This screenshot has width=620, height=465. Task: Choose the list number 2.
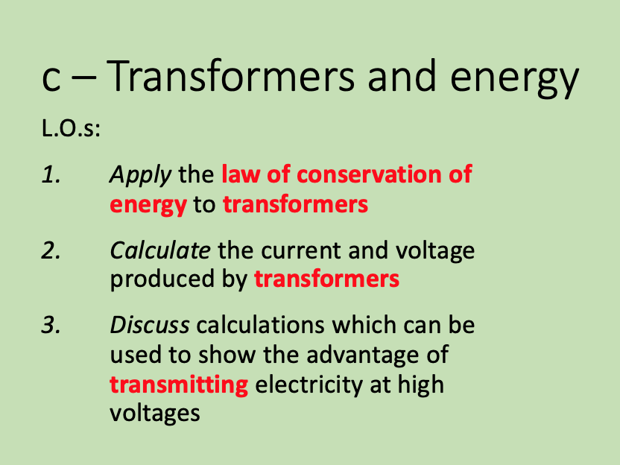pyautogui.click(x=51, y=250)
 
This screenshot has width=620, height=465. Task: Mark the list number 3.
pyautogui.click(x=51, y=326)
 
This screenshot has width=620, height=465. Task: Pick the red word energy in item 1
pyautogui.click(x=148, y=204)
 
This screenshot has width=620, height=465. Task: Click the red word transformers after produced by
pyautogui.click(x=326, y=279)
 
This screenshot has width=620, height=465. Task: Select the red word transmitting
pyautogui.click(x=179, y=385)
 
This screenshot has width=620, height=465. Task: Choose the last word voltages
pyautogui.click(x=155, y=412)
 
